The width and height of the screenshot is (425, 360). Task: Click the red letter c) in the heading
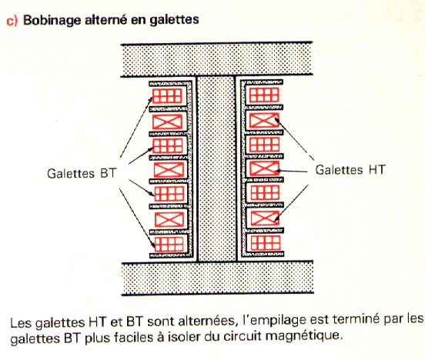[x=12, y=21]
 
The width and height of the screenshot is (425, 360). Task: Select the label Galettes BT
[x=82, y=173]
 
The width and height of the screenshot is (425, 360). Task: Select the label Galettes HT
[x=350, y=170]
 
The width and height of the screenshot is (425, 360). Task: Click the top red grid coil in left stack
[x=167, y=96]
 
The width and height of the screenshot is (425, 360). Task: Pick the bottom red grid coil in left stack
[x=169, y=245]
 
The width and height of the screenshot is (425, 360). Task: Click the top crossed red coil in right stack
[x=264, y=120]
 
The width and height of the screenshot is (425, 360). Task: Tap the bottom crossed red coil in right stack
[x=265, y=218]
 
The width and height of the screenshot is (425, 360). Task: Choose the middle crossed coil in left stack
[x=169, y=170]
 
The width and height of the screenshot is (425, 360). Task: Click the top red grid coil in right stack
[x=264, y=95]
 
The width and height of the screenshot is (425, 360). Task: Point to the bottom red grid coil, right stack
[x=266, y=243]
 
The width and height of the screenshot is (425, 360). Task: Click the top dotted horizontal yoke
[x=216, y=59]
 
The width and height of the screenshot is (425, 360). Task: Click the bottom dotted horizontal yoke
[x=218, y=278]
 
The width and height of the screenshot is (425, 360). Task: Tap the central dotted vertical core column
[x=216, y=169]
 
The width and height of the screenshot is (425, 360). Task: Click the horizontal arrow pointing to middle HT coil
[x=291, y=172]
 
